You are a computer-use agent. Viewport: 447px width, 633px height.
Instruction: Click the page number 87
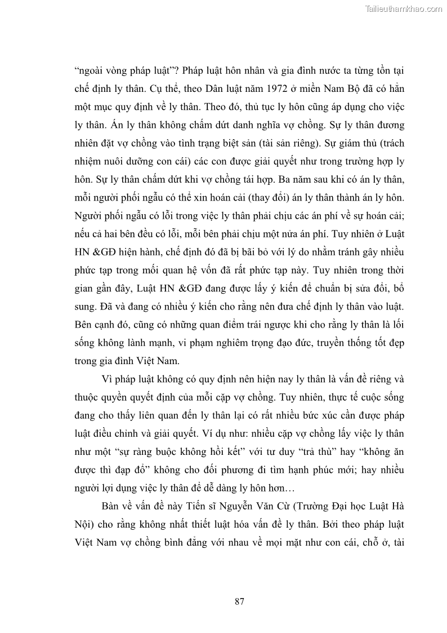click(239, 601)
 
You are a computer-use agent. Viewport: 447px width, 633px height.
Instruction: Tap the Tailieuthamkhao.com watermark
click(404, 8)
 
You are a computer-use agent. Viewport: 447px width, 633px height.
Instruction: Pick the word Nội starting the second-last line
click(83, 524)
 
